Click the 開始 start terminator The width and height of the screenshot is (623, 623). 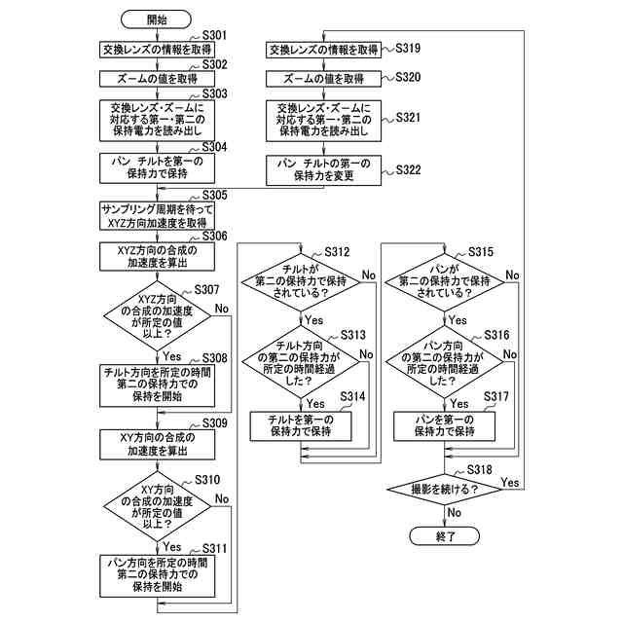156,19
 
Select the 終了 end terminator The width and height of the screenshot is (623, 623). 444,536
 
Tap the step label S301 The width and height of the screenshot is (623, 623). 214,35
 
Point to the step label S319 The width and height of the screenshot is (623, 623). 408,48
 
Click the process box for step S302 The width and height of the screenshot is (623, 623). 157,79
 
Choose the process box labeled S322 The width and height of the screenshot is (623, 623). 323,170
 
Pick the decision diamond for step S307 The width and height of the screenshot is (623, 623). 158,316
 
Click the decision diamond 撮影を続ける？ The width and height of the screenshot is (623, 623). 444,489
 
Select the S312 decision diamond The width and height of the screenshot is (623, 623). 301,282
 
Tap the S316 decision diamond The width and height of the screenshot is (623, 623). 444,361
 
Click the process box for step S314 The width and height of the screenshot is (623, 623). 301,426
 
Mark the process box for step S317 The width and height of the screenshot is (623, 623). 444,426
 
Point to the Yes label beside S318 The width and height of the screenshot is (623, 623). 510,483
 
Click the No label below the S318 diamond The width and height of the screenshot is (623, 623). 455,513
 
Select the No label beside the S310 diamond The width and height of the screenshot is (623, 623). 222,498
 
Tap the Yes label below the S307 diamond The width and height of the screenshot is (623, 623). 171,356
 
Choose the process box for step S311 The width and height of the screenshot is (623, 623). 158,575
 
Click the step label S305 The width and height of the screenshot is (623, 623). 214,195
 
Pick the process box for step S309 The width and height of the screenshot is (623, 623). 158,444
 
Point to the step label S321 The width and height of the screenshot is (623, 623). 408,118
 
